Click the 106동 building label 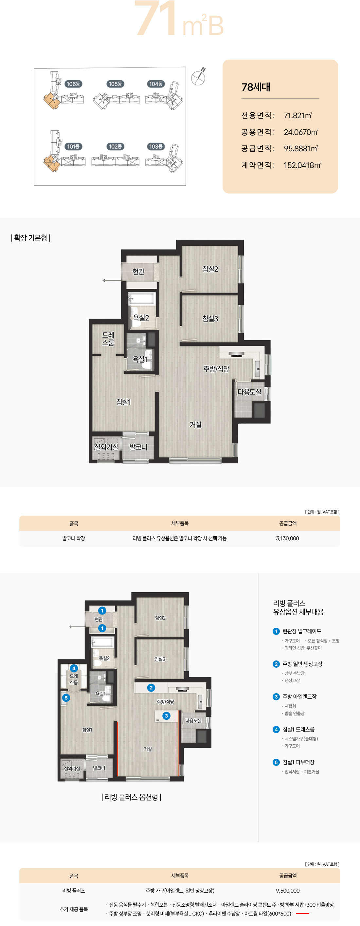[x=73, y=84]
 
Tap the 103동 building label [x=156, y=146]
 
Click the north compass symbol [x=198, y=77]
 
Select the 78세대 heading [x=256, y=87]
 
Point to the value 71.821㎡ [x=298, y=115]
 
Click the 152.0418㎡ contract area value [x=302, y=165]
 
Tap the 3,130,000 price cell [x=287, y=538]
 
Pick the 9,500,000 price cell [x=288, y=890]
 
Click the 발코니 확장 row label [x=74, y=538]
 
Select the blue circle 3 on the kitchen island [x=166, y=716]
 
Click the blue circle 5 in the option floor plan [x=66, y=698]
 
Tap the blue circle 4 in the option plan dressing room [x=74, y=668]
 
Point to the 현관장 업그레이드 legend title [x=302, y=631]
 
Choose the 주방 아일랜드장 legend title [x=299, y=696]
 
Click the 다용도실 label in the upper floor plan [x=249, y=392]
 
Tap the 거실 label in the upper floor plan [x=195, y=425]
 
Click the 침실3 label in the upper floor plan [x=210, y=319]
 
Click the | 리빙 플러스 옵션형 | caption [x=131, y=797]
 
